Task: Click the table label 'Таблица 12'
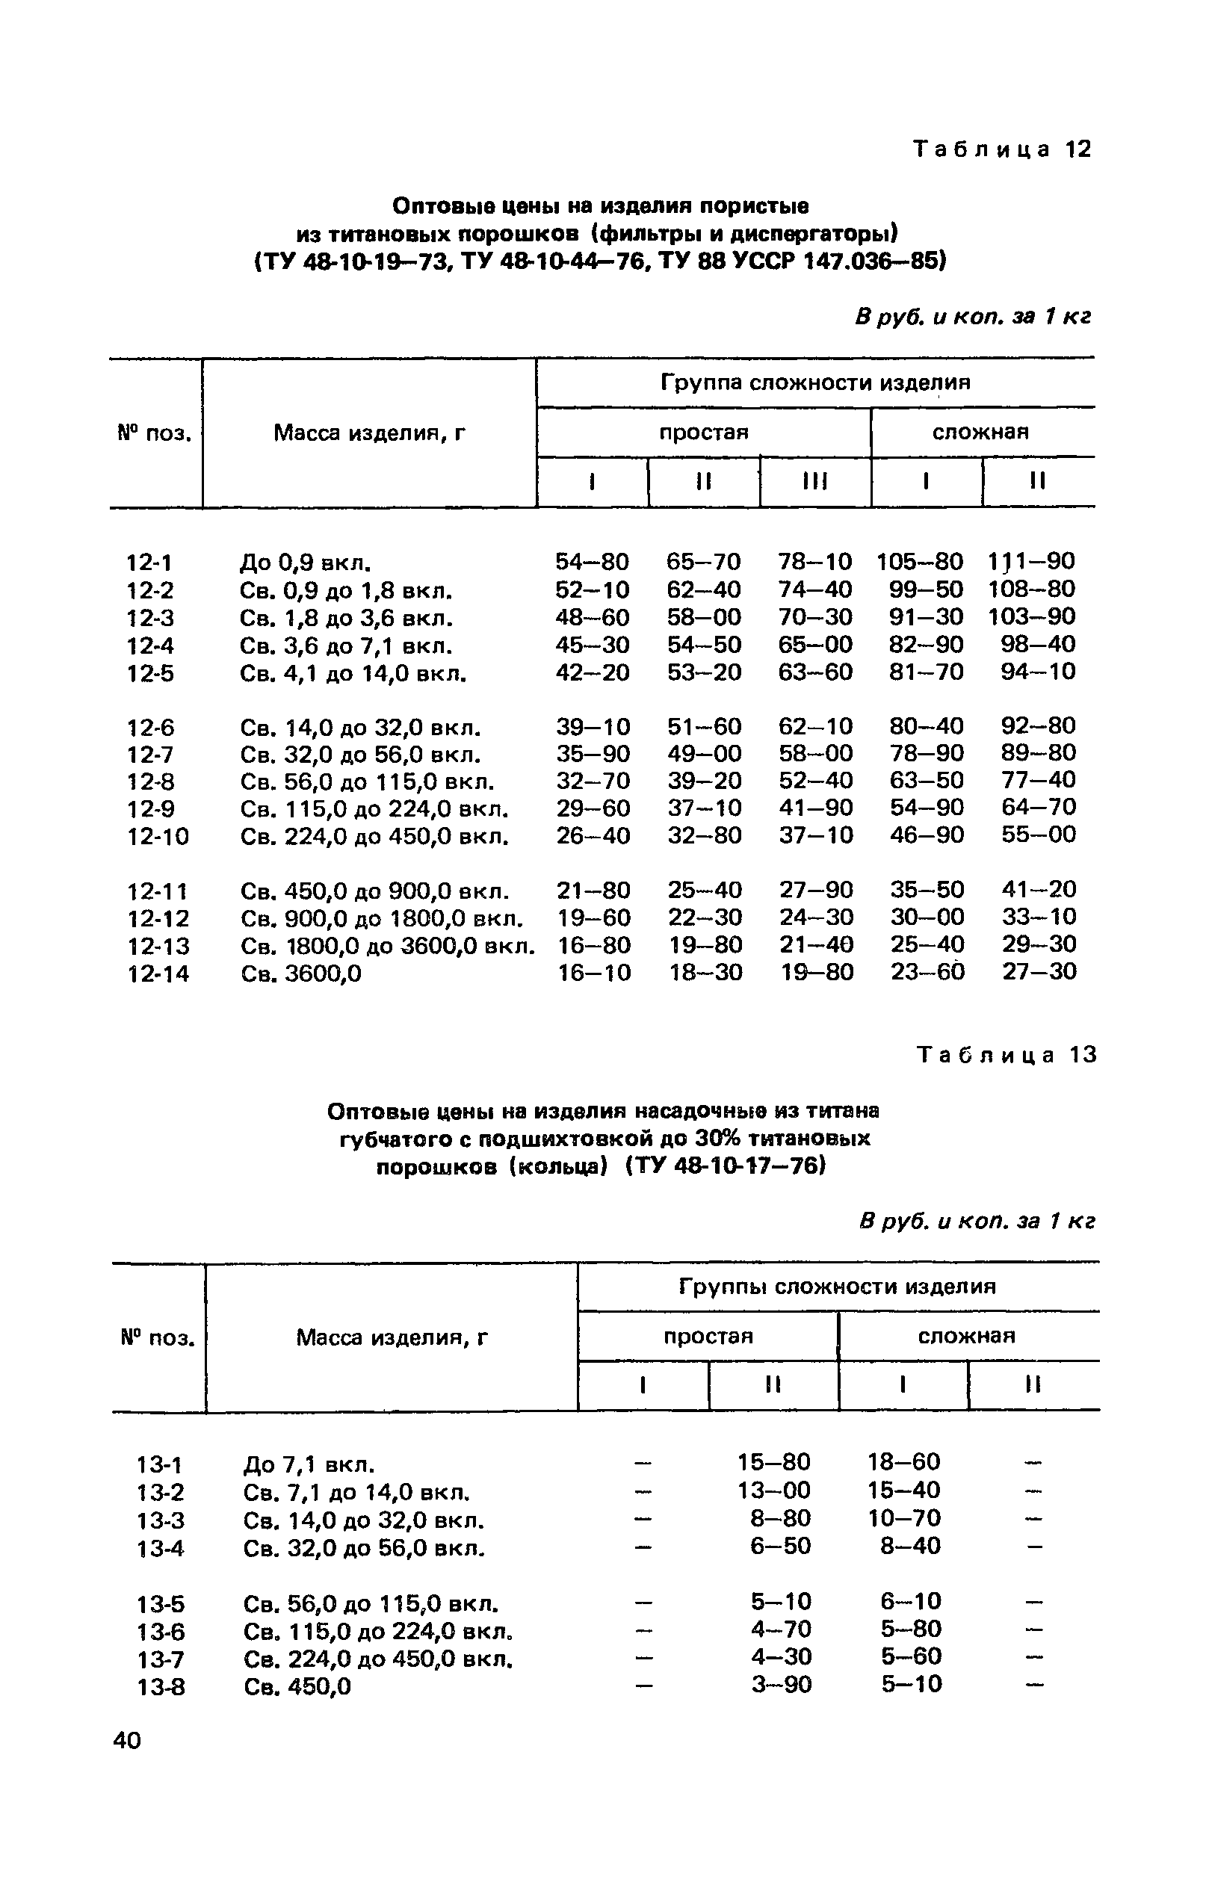point(1003,149)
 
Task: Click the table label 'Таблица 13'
point(1007,1054)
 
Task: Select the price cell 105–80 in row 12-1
point(919,561)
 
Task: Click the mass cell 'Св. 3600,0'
point(300,974)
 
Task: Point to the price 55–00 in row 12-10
point(1038,835)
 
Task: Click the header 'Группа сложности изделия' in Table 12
point(815,383)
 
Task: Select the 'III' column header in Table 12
point(815,480)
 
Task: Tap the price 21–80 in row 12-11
point(593,891)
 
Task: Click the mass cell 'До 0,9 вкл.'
point(305,563)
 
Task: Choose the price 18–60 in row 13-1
point(903,1461)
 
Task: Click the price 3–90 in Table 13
point(781,1685)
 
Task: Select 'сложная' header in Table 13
point(966,1335)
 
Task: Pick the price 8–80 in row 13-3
point(780,1517)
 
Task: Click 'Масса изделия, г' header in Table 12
point(369,433)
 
